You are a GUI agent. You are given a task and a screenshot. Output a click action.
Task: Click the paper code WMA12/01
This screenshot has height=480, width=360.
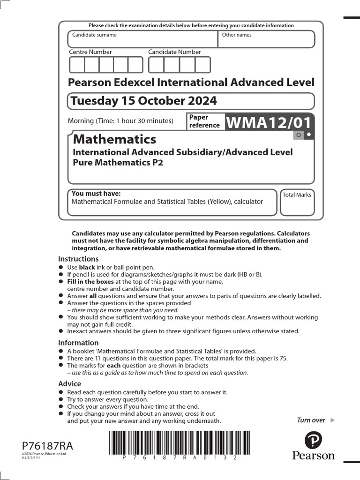click(x=269, y=123)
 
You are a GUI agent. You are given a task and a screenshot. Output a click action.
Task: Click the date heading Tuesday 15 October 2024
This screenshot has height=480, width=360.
click(x=143, y=101)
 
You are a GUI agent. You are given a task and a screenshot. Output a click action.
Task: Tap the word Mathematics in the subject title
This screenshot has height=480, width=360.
click(x=115, y=139)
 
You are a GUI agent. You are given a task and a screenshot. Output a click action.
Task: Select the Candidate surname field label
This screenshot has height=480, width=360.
click(x=94, y=35)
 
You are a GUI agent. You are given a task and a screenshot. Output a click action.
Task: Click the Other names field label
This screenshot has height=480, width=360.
click(x=237, y=35)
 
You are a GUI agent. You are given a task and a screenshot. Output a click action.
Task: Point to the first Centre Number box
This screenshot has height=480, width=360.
click(x=77, y=65)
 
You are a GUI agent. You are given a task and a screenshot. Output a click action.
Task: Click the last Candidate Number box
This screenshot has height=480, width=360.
click(x=202, y=65)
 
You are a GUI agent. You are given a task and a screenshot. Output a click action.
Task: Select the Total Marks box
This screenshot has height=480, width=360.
click(x=297, y=202)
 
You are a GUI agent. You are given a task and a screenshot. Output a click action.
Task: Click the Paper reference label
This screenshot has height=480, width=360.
click(x=204, y=121)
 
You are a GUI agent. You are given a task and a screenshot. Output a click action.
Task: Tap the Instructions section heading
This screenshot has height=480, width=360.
click(x=78, y=259)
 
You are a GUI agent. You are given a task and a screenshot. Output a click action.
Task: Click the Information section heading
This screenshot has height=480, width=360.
click(x=78, y=343)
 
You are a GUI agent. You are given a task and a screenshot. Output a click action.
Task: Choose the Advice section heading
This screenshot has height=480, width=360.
click(x=69, y=383)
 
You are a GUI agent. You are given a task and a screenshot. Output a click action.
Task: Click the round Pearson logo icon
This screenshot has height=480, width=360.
click(x=314, y=441)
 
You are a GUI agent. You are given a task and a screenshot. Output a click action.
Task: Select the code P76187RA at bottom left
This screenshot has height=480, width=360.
click(x=47, y=446)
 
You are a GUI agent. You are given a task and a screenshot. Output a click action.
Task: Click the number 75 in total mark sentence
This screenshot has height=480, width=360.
click(x=283, y=359)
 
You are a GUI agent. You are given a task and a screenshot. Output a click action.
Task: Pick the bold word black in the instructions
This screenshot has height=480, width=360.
click(x=87, y=267)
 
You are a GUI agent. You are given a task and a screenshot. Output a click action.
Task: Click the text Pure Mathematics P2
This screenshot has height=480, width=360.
click(x=117, y=163)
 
